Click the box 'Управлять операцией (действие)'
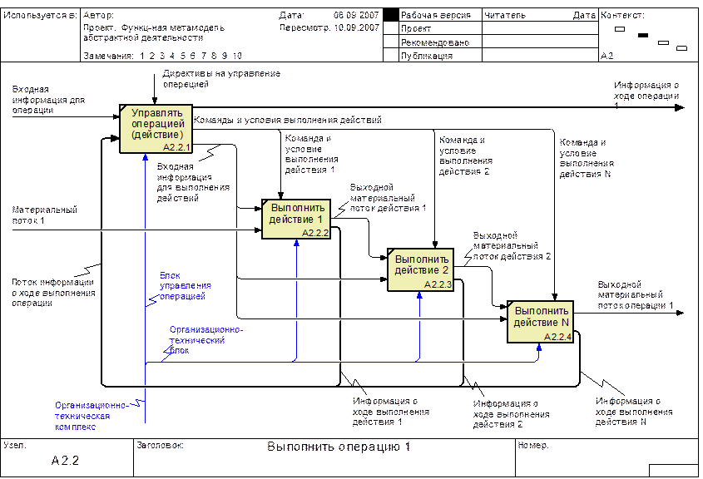point(156,129)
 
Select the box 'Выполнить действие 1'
point(296,219)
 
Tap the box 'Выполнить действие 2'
point(420,269)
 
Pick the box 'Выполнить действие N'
point(540,322)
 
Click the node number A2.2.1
point(176,147)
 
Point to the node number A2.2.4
point(557,337)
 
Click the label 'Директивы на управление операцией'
point(221,79)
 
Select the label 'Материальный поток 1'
point(44,215)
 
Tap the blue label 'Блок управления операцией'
point(186,286)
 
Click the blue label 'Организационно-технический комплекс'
point(92,416)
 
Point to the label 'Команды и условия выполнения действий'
point(287,120)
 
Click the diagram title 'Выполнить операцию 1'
point(339,447)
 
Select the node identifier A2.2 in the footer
point(65,461)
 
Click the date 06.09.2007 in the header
point(356,15)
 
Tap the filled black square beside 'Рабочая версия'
point(391,15)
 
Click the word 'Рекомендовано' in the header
point(435,42)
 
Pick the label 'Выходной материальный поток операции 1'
point(636,295)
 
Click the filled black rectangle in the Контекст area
point(643,35)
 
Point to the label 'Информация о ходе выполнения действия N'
point(634,412)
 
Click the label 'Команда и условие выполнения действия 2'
point(466,156)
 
